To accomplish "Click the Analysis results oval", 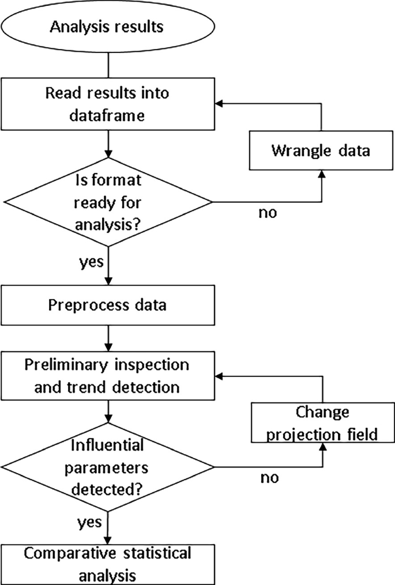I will [107, 27].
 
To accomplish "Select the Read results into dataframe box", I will [107, 104].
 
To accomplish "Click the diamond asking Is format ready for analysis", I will [108, 202].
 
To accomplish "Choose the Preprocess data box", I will [107, 304].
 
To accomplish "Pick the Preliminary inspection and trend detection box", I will [107, 375].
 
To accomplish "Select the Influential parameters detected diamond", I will [108, 467].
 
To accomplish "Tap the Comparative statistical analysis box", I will [107, 564].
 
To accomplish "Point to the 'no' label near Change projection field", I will [269, 477].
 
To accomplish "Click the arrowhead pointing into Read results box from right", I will [219, 104].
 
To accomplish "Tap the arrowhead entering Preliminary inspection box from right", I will [219, 375].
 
